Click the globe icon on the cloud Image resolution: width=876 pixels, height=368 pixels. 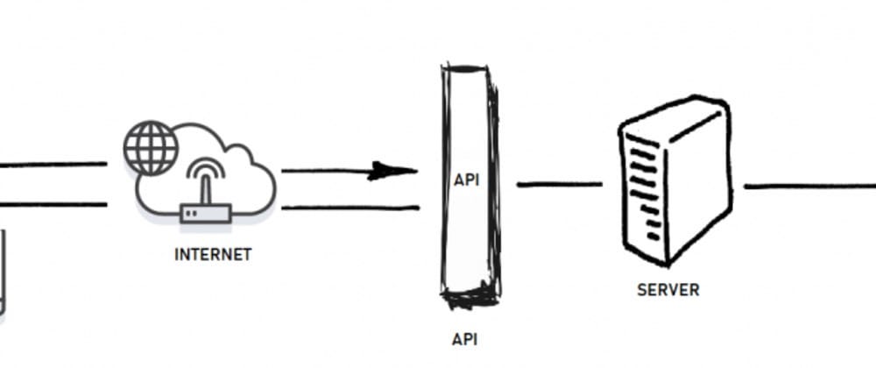click(150, 145)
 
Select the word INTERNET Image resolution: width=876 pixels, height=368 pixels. click(213, 255)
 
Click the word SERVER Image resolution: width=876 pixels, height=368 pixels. click(668, 289)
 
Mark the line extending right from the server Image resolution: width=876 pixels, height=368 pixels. click(806, 186)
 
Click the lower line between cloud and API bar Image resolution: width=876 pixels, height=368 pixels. click(350, 208)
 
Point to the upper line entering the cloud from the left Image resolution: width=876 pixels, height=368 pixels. click(53, 164)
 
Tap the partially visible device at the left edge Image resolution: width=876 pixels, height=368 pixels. click(3, 272)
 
